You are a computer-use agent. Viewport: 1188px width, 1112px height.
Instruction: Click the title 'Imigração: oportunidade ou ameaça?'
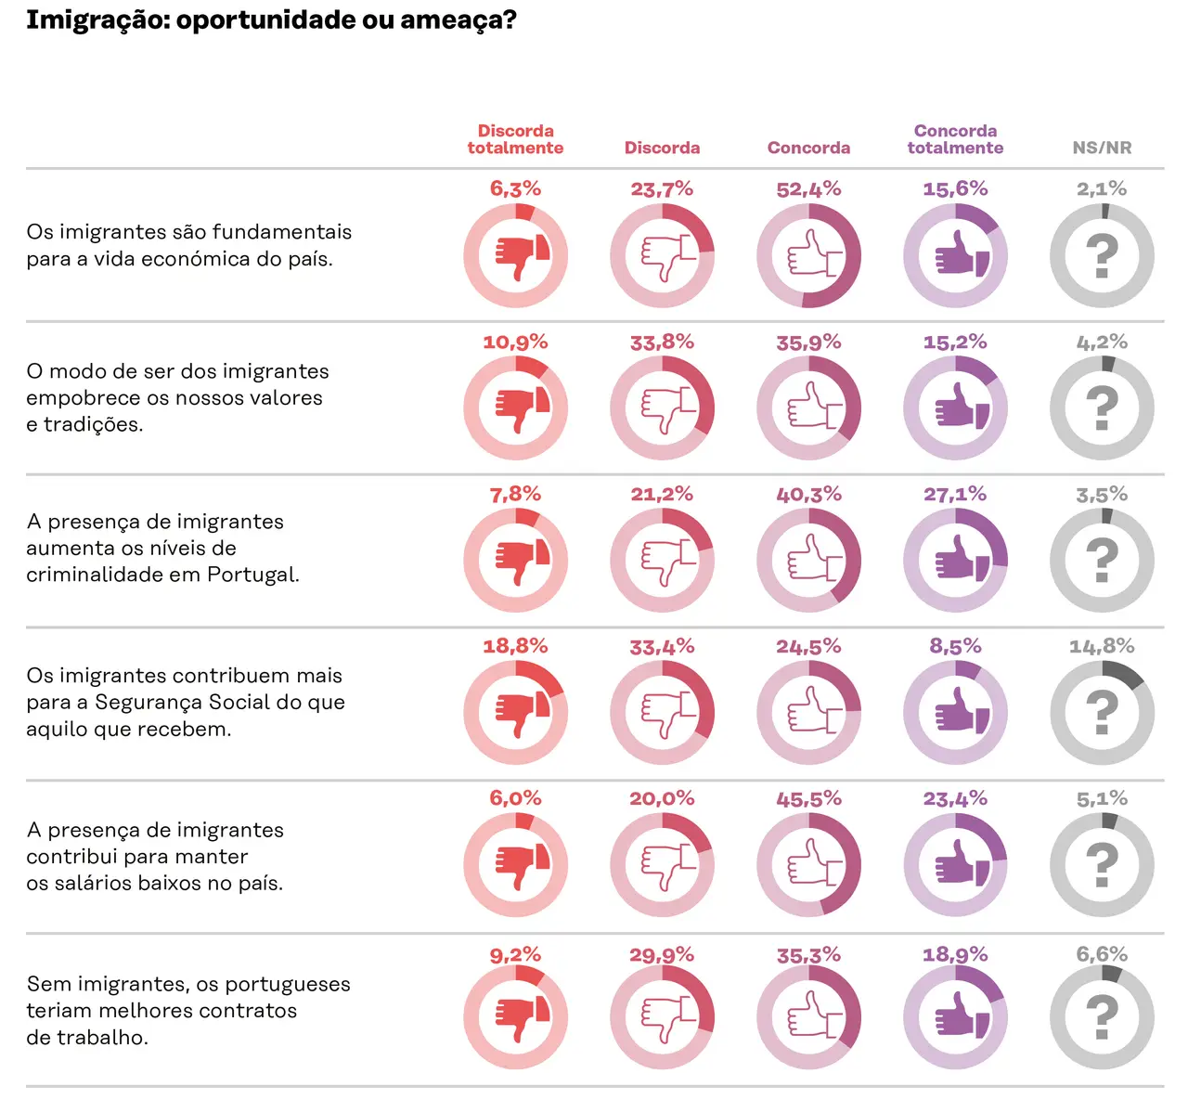click(x=271, y=19)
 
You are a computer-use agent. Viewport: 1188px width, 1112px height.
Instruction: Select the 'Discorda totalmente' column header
click(x=515, y=139)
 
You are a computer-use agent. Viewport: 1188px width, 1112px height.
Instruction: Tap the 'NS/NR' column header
click(x=1102, y=148)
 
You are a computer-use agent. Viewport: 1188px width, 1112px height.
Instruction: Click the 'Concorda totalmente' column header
click(x=955, y=139)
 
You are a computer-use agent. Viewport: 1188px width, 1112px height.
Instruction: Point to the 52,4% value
click(x=808, y=189)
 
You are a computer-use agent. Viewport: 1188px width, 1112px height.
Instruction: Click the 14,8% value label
click(x=1102, y=646)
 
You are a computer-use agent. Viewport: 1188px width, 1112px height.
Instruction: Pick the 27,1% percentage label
click(x=955, y=494)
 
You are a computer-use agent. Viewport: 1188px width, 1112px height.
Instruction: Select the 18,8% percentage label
click(x=515, y=646)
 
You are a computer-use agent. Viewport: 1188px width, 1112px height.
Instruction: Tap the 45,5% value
click(x=808, y=798)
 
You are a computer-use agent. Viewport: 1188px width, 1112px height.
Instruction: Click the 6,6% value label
click(x=1102, y=954)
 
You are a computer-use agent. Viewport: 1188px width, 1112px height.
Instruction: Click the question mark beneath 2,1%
click(x=1102, y=256)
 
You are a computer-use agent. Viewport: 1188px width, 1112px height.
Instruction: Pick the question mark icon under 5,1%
click(x=1102, y=865)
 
